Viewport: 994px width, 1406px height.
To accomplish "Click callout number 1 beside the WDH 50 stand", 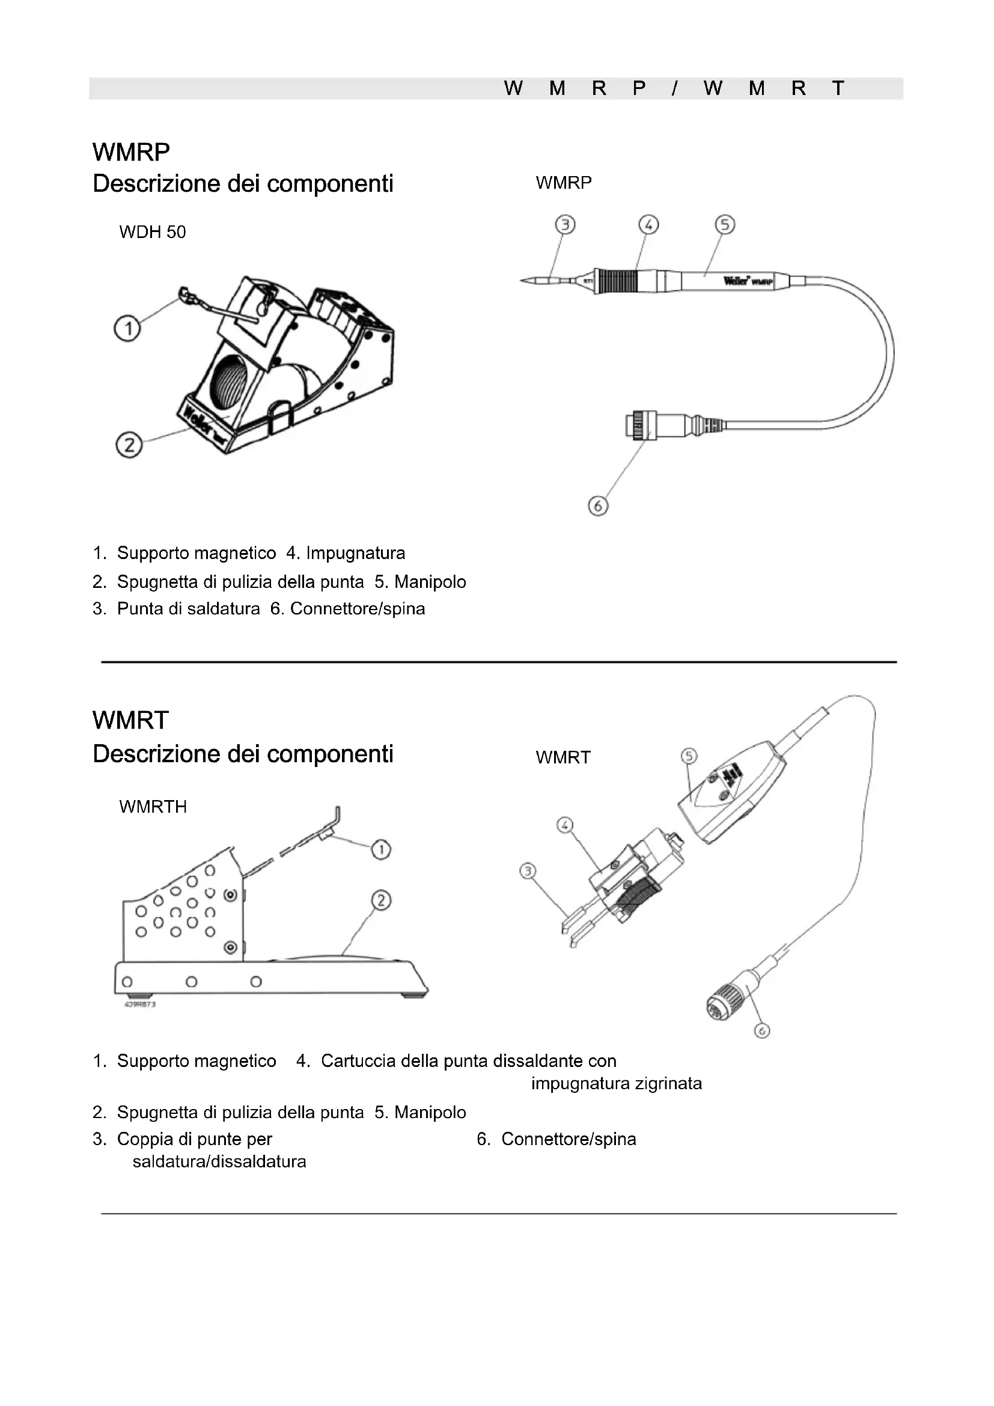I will point(127,329).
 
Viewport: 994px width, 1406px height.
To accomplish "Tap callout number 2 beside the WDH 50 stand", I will point(129,445).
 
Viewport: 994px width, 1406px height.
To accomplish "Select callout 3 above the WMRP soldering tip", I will point(565,225).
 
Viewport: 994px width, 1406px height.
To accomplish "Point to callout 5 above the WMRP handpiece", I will point(725,225).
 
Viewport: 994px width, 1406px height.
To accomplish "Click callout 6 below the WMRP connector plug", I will point(598,506).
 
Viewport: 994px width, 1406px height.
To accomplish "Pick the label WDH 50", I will point(153,232).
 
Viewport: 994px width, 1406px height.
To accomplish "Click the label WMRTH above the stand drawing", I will point(153,807).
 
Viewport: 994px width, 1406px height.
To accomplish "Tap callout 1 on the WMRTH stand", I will point(380,849).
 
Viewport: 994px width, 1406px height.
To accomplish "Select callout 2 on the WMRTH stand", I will point(380,900).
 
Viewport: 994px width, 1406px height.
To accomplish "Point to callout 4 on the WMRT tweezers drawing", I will point(564,825).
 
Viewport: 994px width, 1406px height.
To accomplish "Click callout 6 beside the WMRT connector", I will point(761,1031).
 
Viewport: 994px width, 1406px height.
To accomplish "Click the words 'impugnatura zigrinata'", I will point(617,1083).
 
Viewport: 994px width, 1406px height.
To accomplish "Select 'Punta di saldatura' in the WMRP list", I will point(189,609).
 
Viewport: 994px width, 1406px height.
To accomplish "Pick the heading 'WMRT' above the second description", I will point(131,720).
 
